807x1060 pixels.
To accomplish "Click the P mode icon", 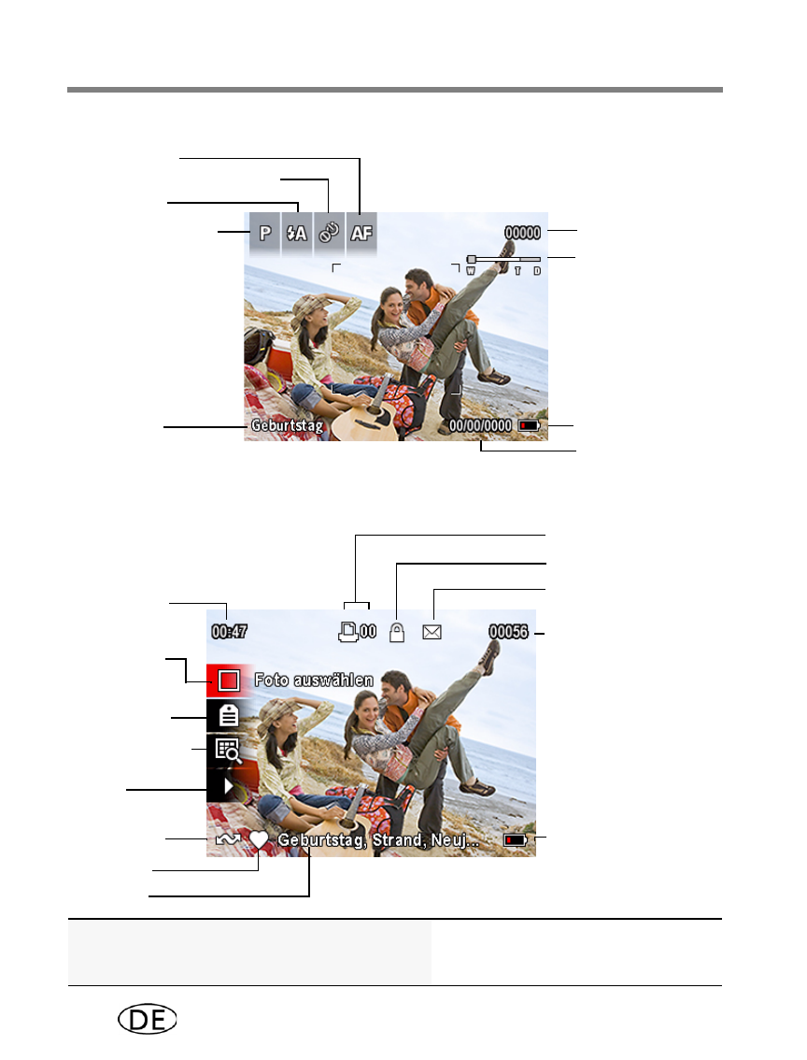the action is (265, 234).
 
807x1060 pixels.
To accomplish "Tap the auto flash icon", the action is (297, 234).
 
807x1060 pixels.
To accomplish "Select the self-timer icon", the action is (329, 234).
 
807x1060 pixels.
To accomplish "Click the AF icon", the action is (361, 234).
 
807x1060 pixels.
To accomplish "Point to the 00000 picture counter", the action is (523, 233).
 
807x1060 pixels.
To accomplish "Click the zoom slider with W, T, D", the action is (503, 264).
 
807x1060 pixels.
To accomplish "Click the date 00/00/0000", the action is (480, 426).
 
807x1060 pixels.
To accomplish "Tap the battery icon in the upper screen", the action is (530, 426).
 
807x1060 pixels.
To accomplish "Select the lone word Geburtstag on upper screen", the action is (287, 426).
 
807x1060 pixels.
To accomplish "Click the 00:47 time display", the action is (230, 631).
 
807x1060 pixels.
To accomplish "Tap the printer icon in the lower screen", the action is (347, 631).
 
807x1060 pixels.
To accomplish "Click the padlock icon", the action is (397, 632).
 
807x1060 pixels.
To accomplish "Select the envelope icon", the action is (432, 632).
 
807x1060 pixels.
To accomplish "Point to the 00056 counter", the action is (508, 631).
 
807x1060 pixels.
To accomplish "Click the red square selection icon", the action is (229, 680).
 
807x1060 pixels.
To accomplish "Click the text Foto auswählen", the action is (314, 680).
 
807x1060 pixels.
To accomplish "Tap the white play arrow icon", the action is (229, 787).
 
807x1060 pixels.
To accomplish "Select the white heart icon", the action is (259, 839).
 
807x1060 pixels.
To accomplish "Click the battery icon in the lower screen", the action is (516, 840).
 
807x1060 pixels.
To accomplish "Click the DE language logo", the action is (148, 1019).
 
